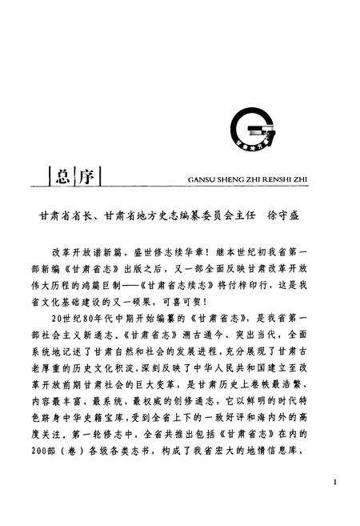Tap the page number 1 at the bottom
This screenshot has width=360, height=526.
click(334, 484)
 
